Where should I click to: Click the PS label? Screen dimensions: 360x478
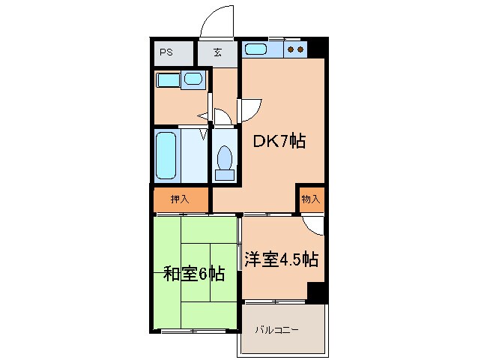coord(166,52)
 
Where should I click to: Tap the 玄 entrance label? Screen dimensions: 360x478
coord(217,52)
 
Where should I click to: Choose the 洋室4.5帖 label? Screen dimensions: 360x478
coord(282,260)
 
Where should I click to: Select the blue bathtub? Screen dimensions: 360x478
coord(166,155)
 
